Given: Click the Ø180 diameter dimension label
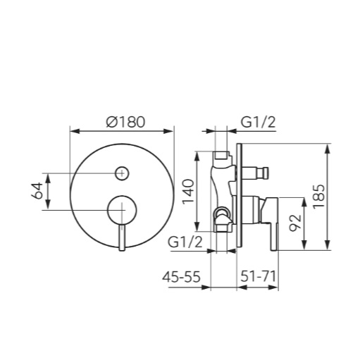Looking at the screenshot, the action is [125, 122].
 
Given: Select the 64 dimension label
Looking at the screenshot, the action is [37, 190].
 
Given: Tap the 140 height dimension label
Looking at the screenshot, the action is [189, 192].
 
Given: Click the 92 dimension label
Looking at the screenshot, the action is [295, 223].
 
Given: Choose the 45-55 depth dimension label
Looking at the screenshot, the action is [181, 277].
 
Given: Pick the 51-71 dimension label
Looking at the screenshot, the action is [258, 276].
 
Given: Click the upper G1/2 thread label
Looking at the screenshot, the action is [258, 122].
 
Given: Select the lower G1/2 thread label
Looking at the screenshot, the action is [185, 242].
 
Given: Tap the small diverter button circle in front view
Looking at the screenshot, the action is [122, 173].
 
